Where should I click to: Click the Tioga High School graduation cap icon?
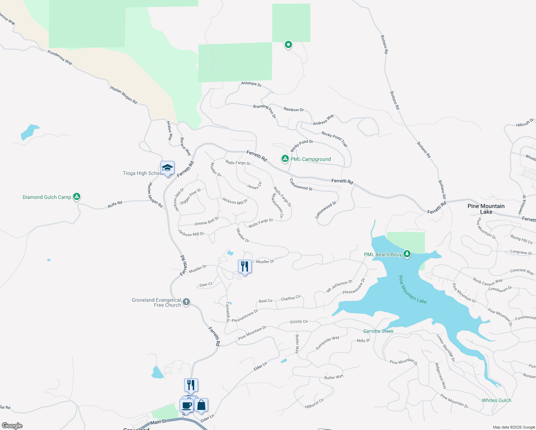pyautogui.click(x=167, y=168)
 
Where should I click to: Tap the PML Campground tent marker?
pyautogui.click(x=285, y=158)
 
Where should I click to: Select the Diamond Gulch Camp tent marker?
pyautogui.click(x=76, y=196)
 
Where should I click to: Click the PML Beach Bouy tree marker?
pyautogui.click(x=407, y=254)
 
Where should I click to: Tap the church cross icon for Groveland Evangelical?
pyautogui.click(x=186, y=302)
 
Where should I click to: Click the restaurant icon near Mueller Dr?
pyautogui.click(x=245, y=267)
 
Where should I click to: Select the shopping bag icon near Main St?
pyautogui.click(x=201, y=405)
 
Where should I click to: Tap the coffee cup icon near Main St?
pyautogui.click(x=187, y=406)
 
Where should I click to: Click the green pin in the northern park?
pyautogui.click(x=288, y=44)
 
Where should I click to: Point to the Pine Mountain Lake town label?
pyautogui.click(x=486, y=209)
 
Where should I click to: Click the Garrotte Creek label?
pyautogui.click(x=378, y=331)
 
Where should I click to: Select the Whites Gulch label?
pyautogui.click(x=496, y=400)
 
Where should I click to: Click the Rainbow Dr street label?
pyautogui.click(x=293, y=109)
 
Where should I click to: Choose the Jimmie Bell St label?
pyautogui.click(x=206, y=221)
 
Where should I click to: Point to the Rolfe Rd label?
pyautogui.click(x=115, y=204)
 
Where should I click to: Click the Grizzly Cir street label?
pyautogui.click(x=299, y=321)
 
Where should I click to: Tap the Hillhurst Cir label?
pyautogui.click(x=314, y=403)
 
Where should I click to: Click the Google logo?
pyautogui.click(x=12, y=425)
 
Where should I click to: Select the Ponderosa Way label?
pyautogui.click(x=60, y=57)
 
